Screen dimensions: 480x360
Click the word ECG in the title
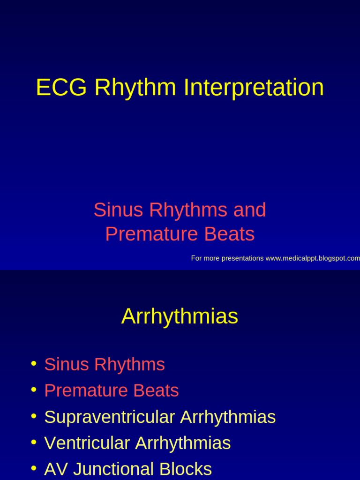click(61, 88)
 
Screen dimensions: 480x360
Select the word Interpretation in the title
click(254, 88)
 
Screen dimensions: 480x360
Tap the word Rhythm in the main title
click(135, 88)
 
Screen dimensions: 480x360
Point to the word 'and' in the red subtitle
click(250, 210)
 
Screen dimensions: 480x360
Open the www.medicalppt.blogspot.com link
click(313, 258)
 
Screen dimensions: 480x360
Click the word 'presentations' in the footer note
click(240, 258)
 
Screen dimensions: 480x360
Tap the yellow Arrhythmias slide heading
click(180, 316)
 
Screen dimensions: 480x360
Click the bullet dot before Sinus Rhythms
click(33, 364)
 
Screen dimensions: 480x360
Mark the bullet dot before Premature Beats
click(33, 390)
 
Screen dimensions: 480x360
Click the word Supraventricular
click(109, 417)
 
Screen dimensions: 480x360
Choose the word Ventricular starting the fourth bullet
click(87, 443)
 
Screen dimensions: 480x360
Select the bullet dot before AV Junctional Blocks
click(33, 468)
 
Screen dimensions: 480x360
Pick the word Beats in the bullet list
click(156, 391)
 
